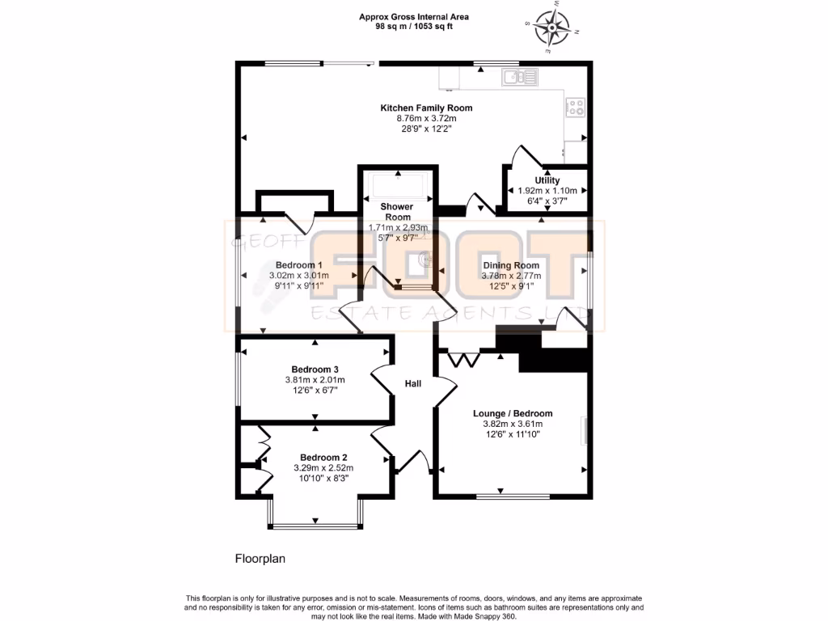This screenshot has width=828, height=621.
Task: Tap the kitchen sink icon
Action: (519, 78)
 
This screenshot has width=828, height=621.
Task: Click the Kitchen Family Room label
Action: (426, 108)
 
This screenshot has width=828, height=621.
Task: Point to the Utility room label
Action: (547, 180)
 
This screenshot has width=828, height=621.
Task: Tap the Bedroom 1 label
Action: (299, 264)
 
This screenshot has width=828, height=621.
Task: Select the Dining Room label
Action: (511, 264)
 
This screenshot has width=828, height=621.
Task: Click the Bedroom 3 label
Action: (315, 370)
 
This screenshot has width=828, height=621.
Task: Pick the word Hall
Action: (413, 384)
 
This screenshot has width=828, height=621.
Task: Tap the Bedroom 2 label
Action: (323, 457)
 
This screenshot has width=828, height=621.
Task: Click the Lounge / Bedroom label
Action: (513, 413)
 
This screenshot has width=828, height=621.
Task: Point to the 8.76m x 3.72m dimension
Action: (426, 119)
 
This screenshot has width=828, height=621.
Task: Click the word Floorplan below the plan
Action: (260, 558)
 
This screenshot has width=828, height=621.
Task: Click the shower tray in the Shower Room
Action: (397, 188)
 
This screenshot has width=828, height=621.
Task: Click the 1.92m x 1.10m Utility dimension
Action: (547, 191)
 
